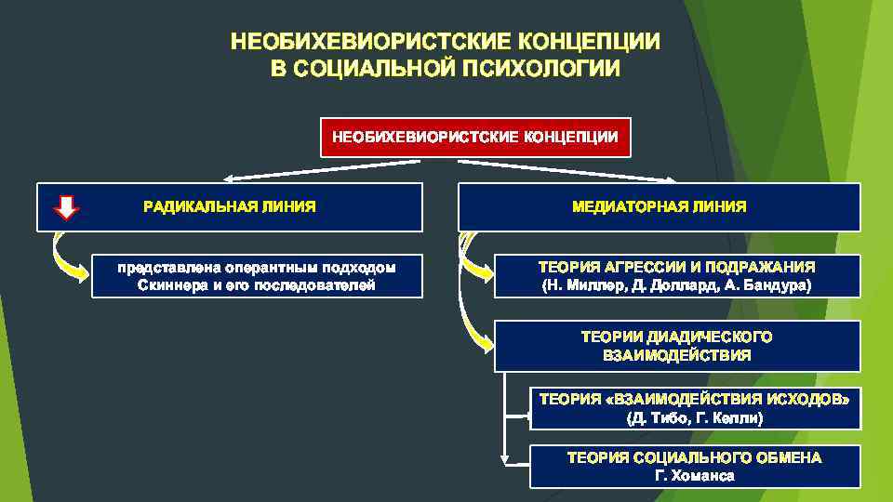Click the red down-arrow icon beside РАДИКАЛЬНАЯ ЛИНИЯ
click(x=67, y=206)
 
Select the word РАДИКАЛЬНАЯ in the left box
click(x=190, y=206)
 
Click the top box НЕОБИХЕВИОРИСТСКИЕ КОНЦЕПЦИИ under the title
click(x=475, y=137)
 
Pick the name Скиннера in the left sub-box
click(x=173, y=285)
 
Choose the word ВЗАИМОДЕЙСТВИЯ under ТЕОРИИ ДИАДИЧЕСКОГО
click(x=676, y=355)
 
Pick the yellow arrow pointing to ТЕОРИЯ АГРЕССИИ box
click(x=474, y=264)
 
